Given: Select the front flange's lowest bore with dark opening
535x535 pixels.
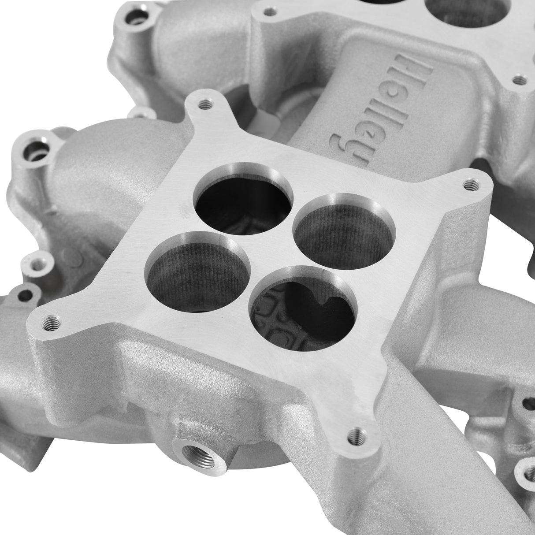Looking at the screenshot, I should click(304, 304).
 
